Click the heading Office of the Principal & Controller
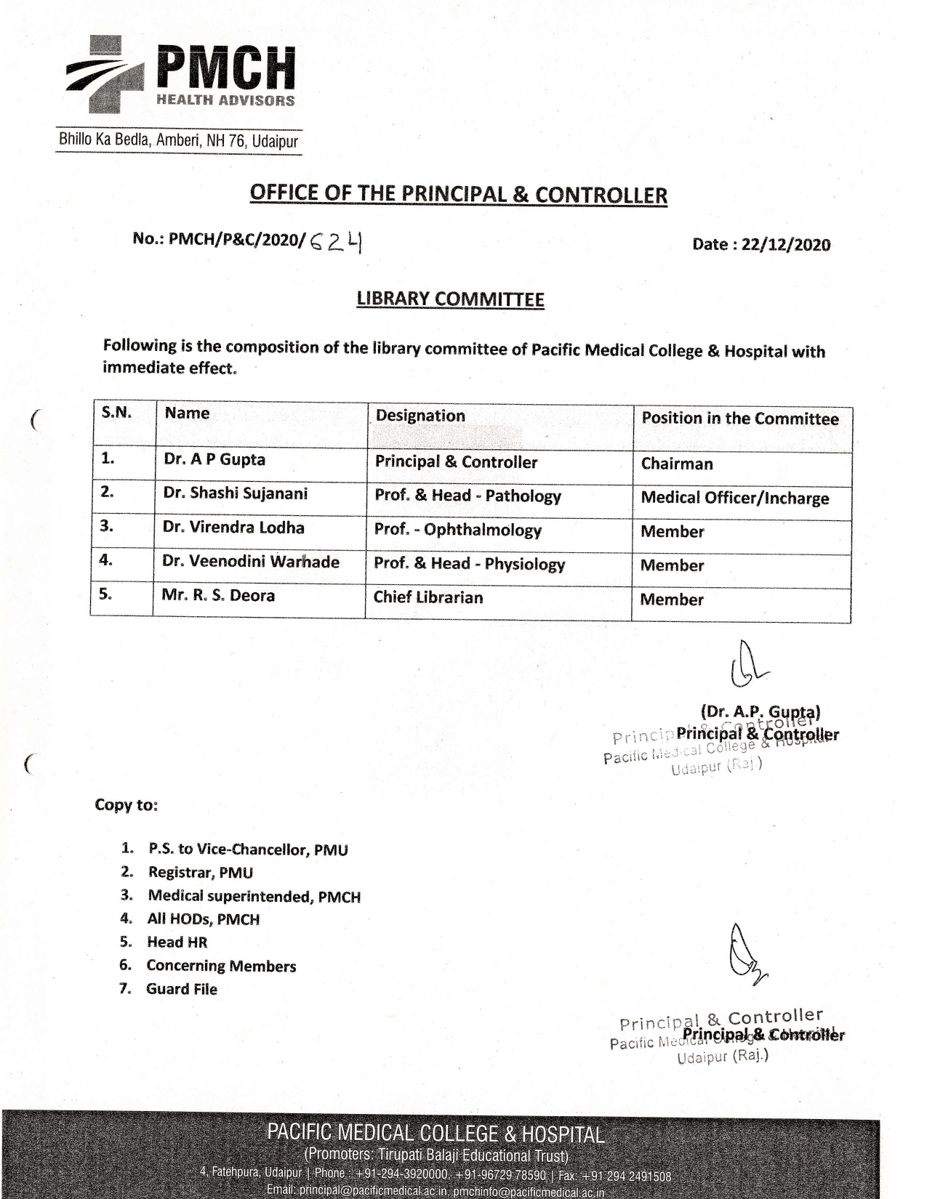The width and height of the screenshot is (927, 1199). (458, 194)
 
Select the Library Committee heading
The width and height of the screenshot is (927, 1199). (450, 299)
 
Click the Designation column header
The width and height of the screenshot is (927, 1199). (420, 416)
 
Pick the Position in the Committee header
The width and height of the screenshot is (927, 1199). (739, 419)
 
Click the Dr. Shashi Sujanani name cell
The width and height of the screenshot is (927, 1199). (235, 493)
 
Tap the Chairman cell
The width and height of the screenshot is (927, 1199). (677, 464)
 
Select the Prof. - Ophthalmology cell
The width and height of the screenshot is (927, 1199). (457, 530)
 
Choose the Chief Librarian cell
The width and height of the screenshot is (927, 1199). (428, 597)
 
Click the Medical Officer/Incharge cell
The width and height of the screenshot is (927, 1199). (734, 498)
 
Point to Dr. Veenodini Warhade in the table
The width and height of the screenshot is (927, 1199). (250, 562)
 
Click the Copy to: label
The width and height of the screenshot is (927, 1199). (126, 805)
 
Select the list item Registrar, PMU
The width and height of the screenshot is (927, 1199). (200, 873)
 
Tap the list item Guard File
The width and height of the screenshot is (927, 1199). (181, 989)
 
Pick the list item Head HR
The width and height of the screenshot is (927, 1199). (177, 942)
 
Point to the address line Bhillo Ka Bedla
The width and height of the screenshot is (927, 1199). (178, 140)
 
